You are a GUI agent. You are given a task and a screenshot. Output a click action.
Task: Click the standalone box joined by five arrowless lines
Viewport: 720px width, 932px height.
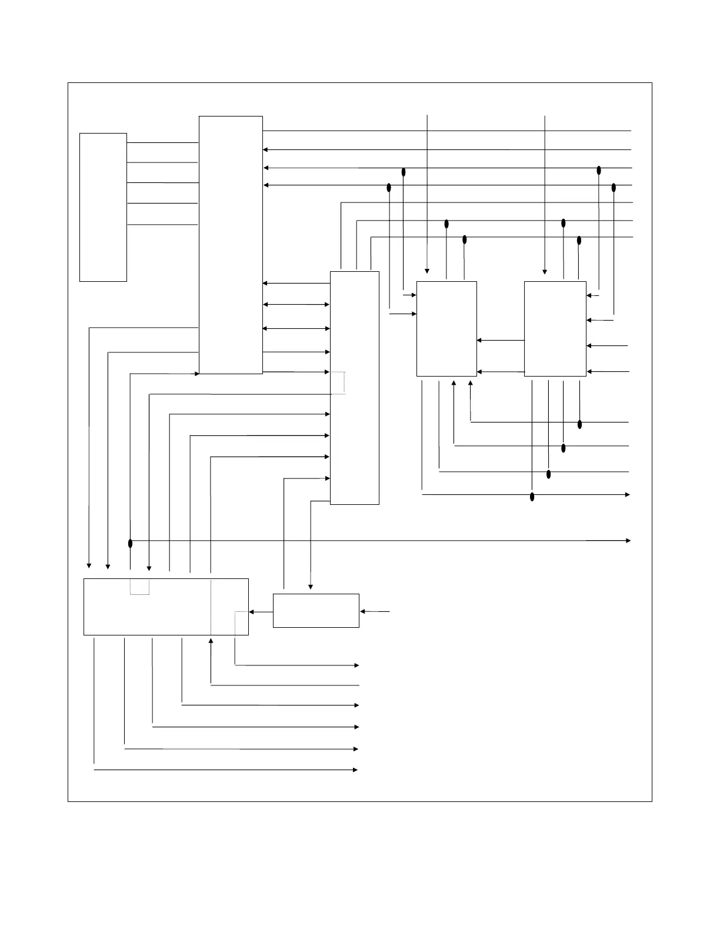tap(103, 207)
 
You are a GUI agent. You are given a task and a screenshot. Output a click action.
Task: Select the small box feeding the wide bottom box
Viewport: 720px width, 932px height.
tap(316, 611)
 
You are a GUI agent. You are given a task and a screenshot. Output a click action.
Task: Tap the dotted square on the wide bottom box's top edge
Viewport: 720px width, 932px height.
tap(139, 587)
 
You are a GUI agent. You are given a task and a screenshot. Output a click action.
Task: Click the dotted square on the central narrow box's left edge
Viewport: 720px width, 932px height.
tap(338, 382)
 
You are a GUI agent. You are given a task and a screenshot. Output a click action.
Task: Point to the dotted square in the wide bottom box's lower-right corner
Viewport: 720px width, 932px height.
tap(241, 623)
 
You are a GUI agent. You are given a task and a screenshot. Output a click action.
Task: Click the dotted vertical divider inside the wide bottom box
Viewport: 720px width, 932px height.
tap(211, 606)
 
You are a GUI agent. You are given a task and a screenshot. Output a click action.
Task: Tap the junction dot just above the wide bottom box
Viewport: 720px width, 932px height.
tap(130, 543)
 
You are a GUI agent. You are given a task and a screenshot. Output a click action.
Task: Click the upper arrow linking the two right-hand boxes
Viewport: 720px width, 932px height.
tap(500, 340)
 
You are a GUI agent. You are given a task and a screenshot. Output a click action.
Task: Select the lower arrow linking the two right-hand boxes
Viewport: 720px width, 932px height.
tap(500, 372)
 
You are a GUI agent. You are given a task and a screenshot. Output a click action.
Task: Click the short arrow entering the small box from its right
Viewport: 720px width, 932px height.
tap(374, 612)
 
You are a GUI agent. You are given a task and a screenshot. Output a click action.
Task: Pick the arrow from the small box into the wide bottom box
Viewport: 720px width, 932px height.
tap(261, 612)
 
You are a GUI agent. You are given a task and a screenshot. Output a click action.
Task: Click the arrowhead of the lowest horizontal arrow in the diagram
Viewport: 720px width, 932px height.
tap(355, 770)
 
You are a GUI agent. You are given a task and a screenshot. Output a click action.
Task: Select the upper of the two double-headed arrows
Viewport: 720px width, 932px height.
tap(296, 305)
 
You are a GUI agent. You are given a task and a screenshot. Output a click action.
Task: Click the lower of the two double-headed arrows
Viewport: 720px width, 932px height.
tap(296, 328)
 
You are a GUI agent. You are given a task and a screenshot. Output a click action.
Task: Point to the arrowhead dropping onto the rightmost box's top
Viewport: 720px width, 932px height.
tap(545, 271)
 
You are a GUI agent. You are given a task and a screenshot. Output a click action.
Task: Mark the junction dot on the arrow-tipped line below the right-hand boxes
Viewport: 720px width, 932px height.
tap(532, 497)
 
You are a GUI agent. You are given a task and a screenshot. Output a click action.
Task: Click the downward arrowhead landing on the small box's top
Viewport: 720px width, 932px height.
tap(311, 587)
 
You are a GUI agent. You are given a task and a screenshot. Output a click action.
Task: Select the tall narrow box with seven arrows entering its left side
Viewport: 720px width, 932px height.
tap(354, 388)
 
